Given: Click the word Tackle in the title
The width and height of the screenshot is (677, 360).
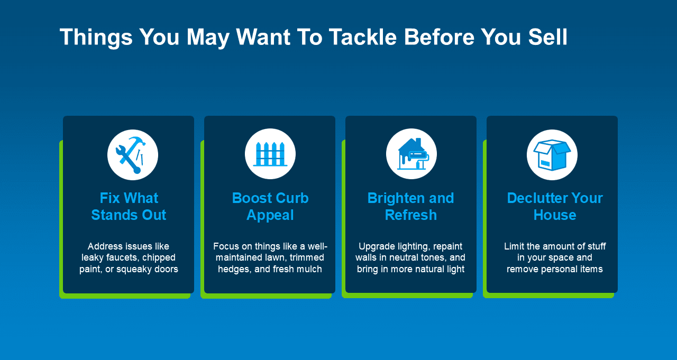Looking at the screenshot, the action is (x=363, y=37).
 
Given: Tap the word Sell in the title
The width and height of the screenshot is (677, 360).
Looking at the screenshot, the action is (x=547, y=37).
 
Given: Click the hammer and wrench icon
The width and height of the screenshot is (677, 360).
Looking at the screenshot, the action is (x=132, y=155).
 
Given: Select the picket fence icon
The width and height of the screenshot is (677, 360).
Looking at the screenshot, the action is (x=270, y=154).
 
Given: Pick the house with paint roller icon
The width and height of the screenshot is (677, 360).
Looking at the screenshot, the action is (x=413, y=154).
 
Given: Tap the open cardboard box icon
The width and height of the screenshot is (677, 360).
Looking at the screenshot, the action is (x=552, y=155).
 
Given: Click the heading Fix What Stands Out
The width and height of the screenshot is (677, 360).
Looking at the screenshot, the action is (x=129, y=207).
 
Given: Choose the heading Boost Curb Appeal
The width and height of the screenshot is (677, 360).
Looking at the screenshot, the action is (x=270, y=207).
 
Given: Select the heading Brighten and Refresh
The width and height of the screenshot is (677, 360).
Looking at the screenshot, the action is (x=411, y=207).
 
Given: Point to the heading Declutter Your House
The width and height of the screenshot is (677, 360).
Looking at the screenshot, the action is (x=555, y=207).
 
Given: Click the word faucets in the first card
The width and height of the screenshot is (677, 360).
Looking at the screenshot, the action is (x=123, y=257).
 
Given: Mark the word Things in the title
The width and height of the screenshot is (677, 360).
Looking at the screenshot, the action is (x=96, y=38).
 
